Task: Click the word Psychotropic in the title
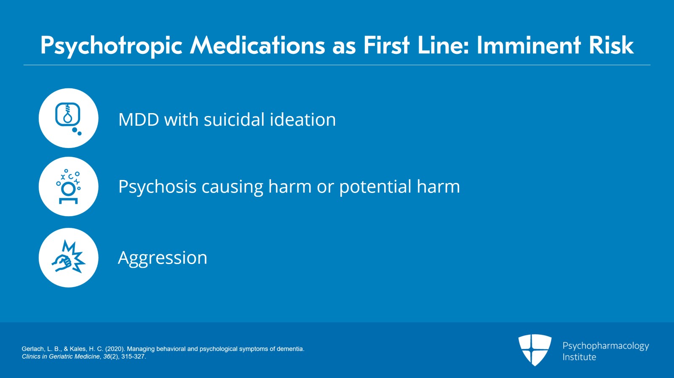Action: coord(111,45)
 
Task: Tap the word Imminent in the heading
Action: coord(529,45)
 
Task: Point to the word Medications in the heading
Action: coord(257,45)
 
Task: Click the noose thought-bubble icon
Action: coord(68,118)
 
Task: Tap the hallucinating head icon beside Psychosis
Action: coord(68,187)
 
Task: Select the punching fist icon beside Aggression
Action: coord(68,258)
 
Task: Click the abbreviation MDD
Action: coord(139,120)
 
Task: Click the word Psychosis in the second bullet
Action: coord(157,187)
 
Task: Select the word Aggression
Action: coord(163,258)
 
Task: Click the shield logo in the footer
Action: coord(535,349)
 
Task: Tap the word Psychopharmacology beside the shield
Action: coord(606,346)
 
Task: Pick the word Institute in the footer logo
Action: coord(579,357)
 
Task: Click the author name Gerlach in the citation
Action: coord(33,349)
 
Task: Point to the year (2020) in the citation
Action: coord(115,349)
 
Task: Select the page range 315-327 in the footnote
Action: coord(133,357)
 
